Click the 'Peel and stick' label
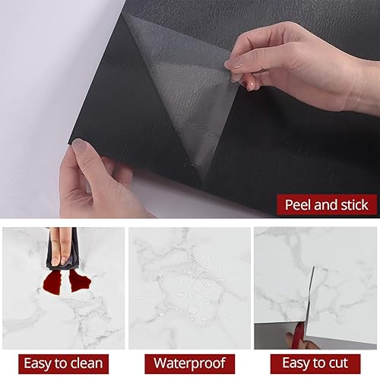(x=325, y=204)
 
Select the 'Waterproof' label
(x=188, y=363)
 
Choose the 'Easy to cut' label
(x=315, y=363)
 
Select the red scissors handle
(x=298, y=335)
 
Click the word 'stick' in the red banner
(x=352, y=204)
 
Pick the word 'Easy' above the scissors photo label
(x=293, y=363)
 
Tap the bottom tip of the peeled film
(x=203, y=183)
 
